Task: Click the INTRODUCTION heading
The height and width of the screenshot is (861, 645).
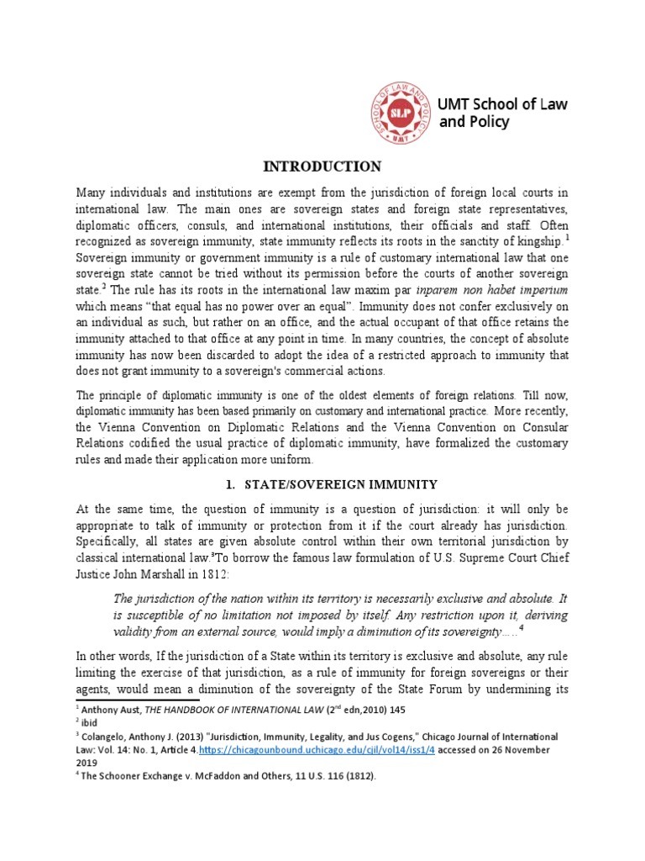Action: (322, 166)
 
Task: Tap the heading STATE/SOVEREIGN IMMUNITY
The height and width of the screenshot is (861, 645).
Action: (340, 485)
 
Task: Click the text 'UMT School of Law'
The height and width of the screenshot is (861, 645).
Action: (503, 104)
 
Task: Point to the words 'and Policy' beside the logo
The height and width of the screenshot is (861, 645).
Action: (475, 123)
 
